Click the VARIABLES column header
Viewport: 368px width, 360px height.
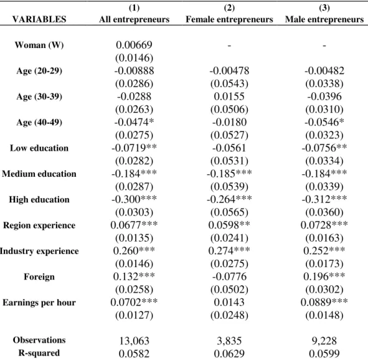pos(39,19)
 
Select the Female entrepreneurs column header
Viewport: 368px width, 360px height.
pos(229,19)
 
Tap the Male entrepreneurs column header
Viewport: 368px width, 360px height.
pos(324,19)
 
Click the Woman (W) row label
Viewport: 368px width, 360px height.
pos(39,45)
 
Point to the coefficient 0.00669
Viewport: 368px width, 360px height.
pos(134,45)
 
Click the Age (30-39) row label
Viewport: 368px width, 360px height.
pos(39,97)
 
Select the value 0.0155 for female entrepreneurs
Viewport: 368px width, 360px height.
pos(229,97)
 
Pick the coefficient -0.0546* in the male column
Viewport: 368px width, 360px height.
pos(324,122)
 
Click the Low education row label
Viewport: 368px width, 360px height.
pos(39,148)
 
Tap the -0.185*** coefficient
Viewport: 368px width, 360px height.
pos(229,174)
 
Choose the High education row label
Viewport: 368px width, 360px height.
pos(39,199)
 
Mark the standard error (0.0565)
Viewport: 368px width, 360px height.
pos(229,212)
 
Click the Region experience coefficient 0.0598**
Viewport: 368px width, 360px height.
pos(229,225)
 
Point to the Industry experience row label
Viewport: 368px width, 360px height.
pos(39,251)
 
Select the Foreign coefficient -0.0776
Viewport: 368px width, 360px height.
pos(229,277)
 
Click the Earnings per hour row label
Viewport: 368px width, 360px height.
pos(39,303)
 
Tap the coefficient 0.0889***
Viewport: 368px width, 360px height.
pos(324,302)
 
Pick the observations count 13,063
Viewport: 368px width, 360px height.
pos(134,341)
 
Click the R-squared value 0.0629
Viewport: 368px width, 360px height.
pos(229,354)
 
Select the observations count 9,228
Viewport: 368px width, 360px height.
pos(324,341)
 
